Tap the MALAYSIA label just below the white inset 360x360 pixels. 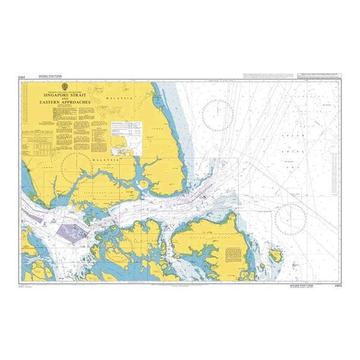click(95, 158)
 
